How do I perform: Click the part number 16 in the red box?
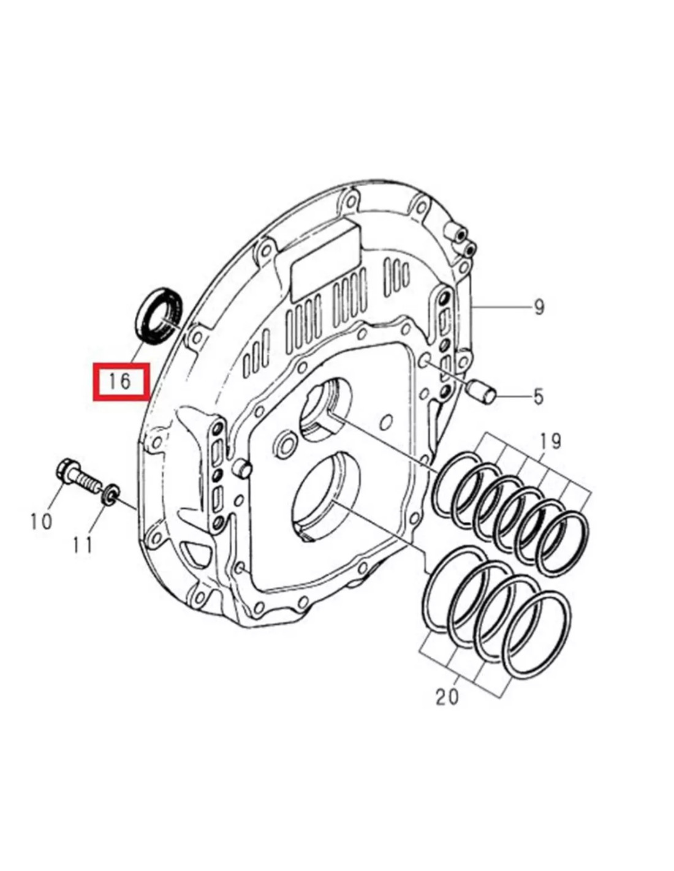pos(120,381)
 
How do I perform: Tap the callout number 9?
pos(539,306)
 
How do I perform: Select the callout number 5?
pos(538,396)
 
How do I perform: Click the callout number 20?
pos(447,696)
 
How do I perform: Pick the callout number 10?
pos(41,521)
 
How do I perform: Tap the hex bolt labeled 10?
pos(76,475)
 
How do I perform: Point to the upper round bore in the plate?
pos(325,409)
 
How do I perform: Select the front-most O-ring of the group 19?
pos(562,544)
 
